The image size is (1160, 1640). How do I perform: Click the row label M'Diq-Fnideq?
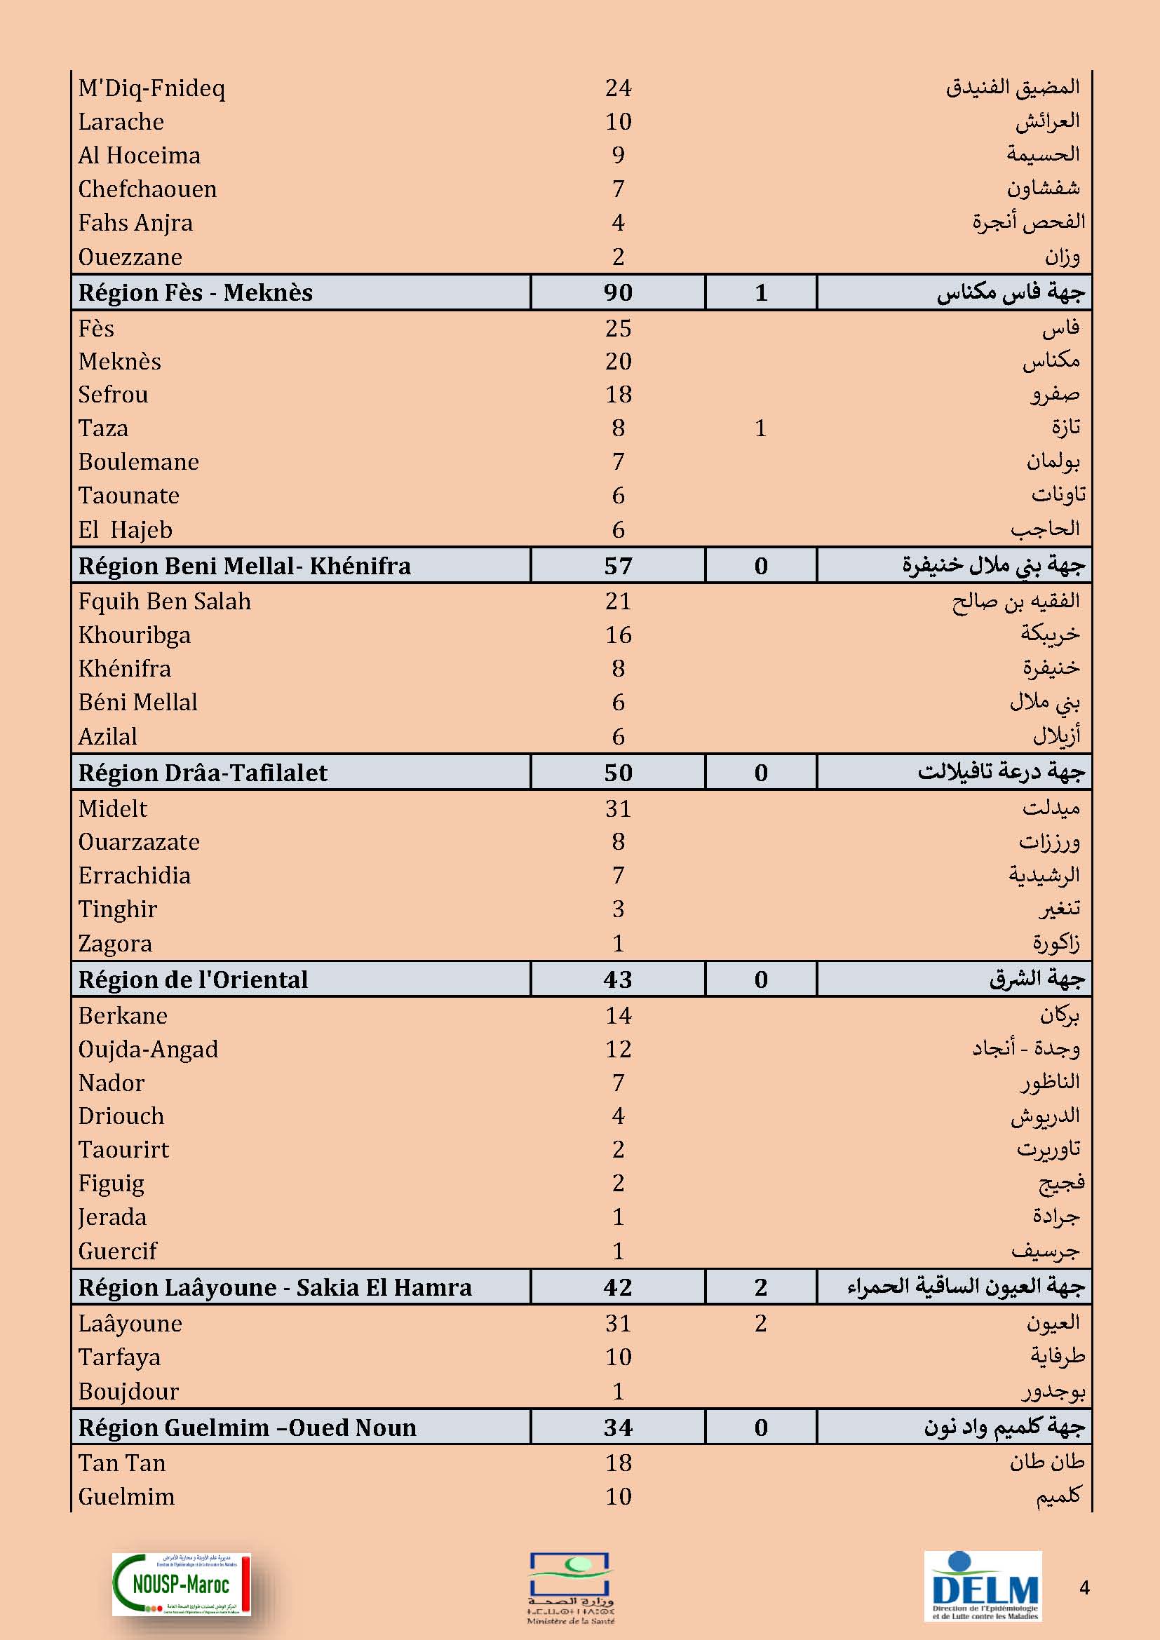point(151,88)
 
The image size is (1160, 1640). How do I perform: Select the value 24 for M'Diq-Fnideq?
point(618,88)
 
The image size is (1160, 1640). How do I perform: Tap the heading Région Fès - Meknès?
point(196,293)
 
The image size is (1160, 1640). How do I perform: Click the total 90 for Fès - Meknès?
point(618,293)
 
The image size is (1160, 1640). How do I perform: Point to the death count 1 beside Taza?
point(761,428)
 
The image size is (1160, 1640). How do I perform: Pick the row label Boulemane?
point(139,462)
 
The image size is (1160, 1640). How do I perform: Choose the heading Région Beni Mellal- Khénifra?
point(244,567)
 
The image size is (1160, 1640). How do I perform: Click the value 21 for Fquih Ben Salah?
point(618,602)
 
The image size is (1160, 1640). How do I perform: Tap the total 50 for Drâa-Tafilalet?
point(618,773)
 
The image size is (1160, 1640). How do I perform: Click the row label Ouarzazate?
point(139,842)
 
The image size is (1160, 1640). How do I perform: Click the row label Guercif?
point(117,1252)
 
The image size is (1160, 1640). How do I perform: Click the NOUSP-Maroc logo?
point(182,1585)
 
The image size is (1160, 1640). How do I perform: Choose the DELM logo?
point(983,1585)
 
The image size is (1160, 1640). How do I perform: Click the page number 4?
point(1084,1588)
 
